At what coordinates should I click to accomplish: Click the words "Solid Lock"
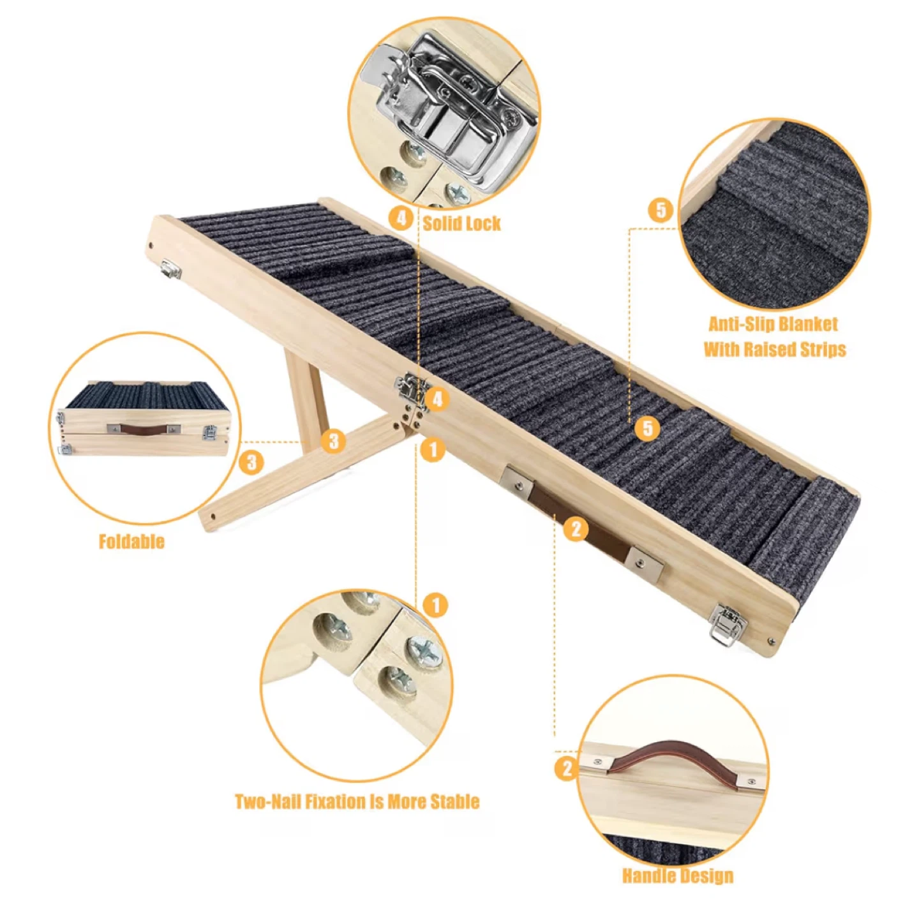[461, 223]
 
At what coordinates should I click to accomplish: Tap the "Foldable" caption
[131, 542]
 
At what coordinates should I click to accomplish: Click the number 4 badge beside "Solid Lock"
[401, 218]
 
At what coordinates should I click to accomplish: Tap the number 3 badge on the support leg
[333, 440]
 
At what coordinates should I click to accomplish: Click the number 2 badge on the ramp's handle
[576, 529]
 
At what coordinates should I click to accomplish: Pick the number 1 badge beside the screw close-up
[435, 606]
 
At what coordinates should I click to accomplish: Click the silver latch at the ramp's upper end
[171, 269]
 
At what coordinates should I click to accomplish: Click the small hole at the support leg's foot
[213, 516]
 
